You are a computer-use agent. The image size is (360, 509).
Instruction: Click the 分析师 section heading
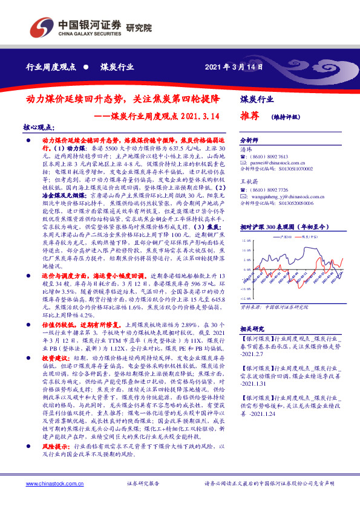pos(249,139)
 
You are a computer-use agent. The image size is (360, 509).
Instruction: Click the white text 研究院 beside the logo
pos(139,28)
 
